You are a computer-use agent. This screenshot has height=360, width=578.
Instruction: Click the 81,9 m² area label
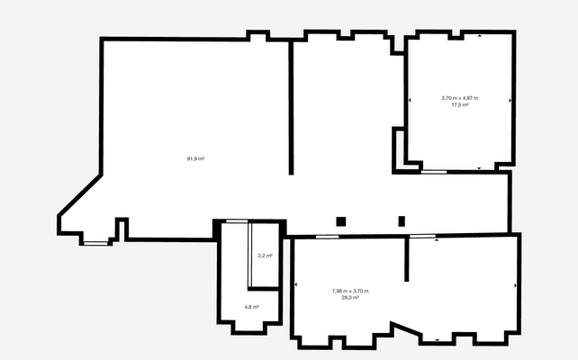pos(195,158)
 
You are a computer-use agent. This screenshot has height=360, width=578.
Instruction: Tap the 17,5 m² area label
pos(459,105)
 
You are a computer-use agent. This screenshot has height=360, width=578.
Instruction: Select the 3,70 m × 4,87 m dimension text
pos(459,98)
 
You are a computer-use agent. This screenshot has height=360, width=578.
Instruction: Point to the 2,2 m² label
pos(265,256)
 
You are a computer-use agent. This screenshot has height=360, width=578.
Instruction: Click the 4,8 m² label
pos(251,307)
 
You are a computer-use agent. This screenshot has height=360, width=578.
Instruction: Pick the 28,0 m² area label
pos(350,297)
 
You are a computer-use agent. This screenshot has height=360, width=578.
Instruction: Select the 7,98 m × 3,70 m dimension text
pos(350,291)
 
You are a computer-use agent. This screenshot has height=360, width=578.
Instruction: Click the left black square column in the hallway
pos(340,221)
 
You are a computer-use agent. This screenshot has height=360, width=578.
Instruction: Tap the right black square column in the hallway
pos(402,221)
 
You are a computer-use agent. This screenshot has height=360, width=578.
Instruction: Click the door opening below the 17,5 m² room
pos(434,171)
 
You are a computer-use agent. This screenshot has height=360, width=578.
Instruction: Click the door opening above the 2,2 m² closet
pos(237,221)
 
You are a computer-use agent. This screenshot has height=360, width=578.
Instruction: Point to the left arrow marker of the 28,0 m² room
pos(295,286)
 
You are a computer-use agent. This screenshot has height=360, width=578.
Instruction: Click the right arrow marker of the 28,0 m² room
pos(516,286)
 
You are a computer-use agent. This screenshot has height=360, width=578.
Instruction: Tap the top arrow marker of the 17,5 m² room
pos(479,36)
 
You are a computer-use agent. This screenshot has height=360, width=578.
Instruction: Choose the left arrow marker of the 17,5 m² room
pos(409,100)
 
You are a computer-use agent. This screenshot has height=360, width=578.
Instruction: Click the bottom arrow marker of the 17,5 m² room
pos(479,167)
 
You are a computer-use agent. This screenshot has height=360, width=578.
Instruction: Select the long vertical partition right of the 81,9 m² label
pos(291,108)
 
